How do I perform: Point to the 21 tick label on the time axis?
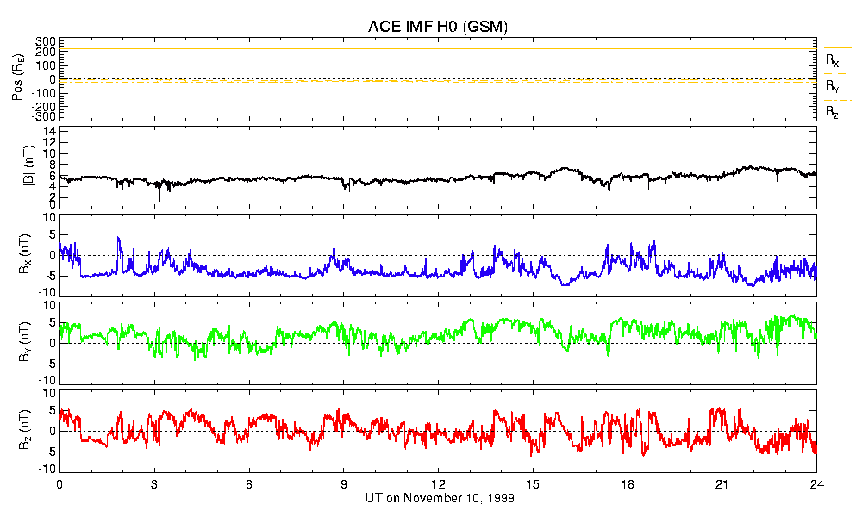pos(722,484)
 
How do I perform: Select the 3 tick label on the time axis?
pos(154,484)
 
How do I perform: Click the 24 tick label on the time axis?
pos(816,484)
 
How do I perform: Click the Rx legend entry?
pos(832,61)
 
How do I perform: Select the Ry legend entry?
pos(832,86)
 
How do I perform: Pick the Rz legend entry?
pos(832,112)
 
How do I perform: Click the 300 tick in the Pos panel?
pos(45,41)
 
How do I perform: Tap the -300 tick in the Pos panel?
pos(42,115)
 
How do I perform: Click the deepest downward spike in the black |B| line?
pos(159,201)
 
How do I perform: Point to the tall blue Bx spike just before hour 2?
pos(118,238)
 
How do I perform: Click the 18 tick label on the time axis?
pos(628,484)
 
